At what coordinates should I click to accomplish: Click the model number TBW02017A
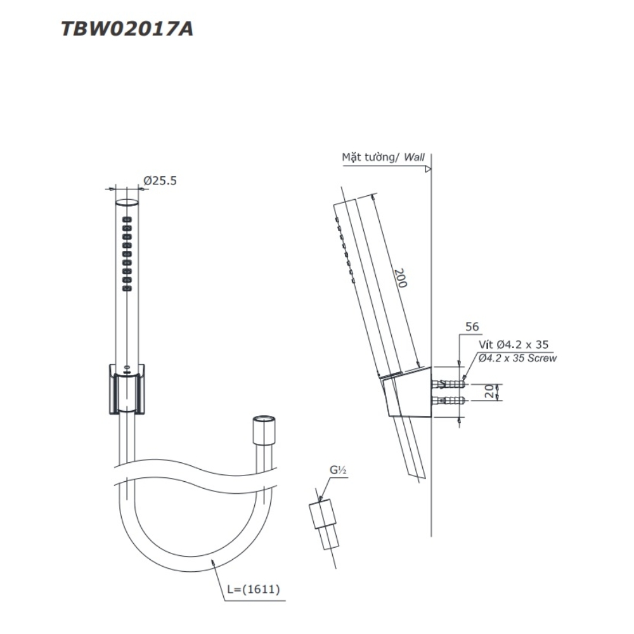coord(127,30)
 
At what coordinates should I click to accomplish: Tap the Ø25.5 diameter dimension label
coord(160,181)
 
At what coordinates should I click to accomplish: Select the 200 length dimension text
coord(400,277)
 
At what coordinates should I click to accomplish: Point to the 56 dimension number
coord(472,327)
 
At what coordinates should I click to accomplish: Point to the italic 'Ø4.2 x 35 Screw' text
coord(518,358)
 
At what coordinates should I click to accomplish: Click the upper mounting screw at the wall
coord(448,384)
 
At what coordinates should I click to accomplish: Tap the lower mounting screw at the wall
coord(448,400)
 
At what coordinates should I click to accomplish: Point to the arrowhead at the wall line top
coord(429,169)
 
